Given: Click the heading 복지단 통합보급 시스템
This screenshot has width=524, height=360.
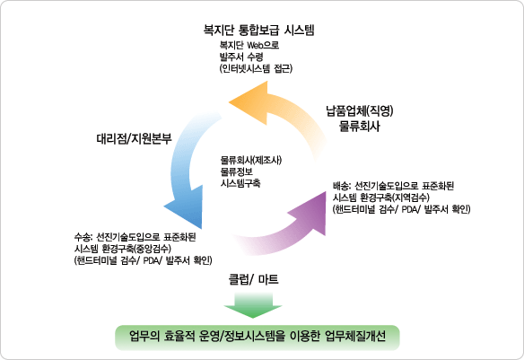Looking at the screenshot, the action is (259, 31).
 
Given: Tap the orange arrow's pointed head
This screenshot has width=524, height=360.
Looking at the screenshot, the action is (230, 102).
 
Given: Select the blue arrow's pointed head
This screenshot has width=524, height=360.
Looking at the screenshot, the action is (201, 228).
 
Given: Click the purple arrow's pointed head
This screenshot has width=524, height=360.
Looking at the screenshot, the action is (325, 192).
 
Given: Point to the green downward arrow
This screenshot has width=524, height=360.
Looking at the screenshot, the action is (253, 305).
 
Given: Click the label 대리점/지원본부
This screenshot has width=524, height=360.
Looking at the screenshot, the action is (134, 138).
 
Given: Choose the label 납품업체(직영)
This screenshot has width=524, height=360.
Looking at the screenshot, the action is (360, 111).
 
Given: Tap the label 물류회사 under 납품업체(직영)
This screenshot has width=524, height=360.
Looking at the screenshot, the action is (359, 127).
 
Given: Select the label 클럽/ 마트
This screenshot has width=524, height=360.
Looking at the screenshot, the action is (253, 279).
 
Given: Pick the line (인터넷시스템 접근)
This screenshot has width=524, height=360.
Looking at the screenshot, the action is (256, 68).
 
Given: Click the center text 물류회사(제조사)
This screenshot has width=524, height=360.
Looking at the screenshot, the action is (251, 160).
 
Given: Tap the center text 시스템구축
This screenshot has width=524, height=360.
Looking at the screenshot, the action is (240, 183).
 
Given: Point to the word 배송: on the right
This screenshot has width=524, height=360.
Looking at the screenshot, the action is (342, 186).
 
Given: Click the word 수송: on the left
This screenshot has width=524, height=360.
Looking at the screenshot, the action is (83, 237).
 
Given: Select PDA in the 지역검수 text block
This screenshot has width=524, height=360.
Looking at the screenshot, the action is (409, 209).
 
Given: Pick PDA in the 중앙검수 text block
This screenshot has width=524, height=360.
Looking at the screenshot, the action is (151, 260).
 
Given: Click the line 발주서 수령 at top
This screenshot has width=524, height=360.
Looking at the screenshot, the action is (241, 57).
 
